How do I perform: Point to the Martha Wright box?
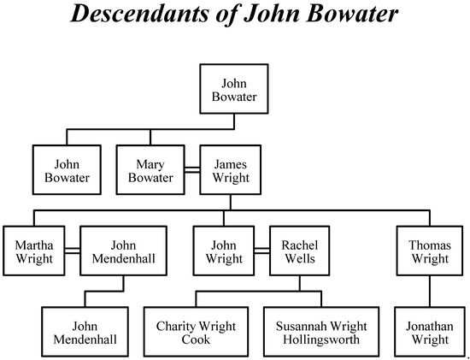(33, 250)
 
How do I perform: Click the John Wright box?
(223, 250)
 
